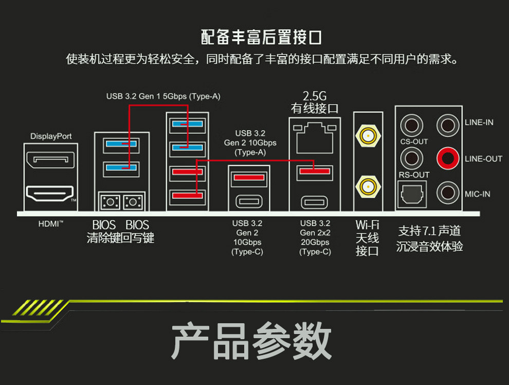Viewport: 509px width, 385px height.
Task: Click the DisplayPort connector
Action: [x=50, y=160]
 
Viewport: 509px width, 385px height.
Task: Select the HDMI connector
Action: [x=50, y=195]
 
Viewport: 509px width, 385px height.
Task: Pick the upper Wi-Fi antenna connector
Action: [x=367, y=136]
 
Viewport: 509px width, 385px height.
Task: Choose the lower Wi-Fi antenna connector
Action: [x=367, y=186]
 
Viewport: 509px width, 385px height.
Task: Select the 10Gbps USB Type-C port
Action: [x=248, y=201]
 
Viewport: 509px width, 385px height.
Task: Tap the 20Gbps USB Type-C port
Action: [x=315, y=201]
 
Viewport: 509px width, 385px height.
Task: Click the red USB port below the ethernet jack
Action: [x=315, y=171]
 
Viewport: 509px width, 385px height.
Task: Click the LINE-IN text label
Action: [x=479, y=122]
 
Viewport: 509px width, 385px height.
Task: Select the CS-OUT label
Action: [x=414, y=142]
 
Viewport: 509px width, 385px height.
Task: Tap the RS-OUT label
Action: [x=414, y=175]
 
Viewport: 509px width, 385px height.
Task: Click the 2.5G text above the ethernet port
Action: [x=315, y=96]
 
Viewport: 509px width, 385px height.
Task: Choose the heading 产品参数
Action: [x=251, y=341]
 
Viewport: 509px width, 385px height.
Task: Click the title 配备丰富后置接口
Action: [x=261, y=37]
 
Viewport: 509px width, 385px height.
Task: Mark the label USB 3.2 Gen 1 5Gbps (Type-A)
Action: [x=163, y=96]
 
